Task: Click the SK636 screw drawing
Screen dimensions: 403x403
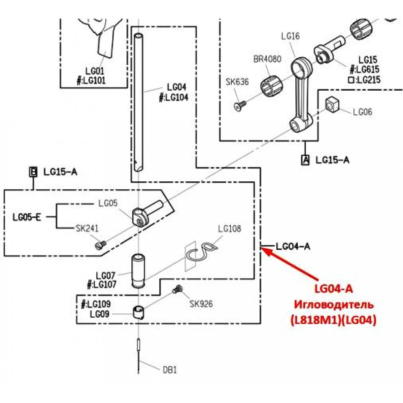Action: tap(240, 106)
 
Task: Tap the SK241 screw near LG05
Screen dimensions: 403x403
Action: tap(100, 245)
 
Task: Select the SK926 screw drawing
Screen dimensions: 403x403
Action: tap(178, 289)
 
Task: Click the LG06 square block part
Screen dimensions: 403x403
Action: tap(332, 104)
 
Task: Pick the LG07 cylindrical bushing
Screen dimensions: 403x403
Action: tap(138, 271)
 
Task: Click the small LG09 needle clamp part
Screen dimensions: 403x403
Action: tap(139, 313)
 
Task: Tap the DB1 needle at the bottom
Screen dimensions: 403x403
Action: tap(139, 356)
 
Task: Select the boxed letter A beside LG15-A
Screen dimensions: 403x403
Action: tap(305, 160)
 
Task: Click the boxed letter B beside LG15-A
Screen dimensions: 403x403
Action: tap(33, 172)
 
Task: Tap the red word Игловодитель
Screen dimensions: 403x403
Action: tap(334, 305)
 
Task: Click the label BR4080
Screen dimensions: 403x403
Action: tap(267, 59)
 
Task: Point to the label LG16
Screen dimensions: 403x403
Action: tap(291, 36)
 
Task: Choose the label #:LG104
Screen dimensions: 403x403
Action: tap(174, 98)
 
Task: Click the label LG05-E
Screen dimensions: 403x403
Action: tap(27, 218)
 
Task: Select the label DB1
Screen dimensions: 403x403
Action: tap(170, 370)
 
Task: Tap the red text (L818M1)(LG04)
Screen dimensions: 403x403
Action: tap(334, 320)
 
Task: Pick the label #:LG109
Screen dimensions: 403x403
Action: tap(96, 304)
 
